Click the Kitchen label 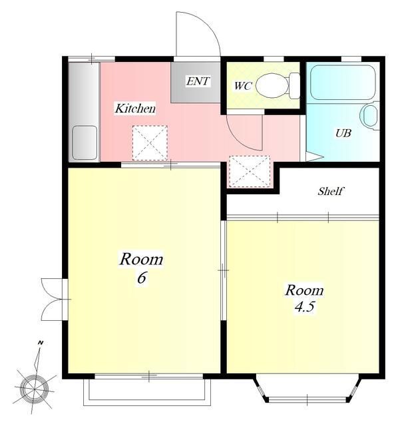click(x=135, y=108)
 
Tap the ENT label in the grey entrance click(x=198, y=81)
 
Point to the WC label click(x=242, y=86)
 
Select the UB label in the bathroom click(x=343, y=133)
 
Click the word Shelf click(x=330, y=191)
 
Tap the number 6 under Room click(x=141, y=278)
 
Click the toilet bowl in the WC click(x=272, y=86)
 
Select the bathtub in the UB click(x=343, y=83)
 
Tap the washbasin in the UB click(x=370, y=116)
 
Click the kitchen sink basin click(x=85, y=142)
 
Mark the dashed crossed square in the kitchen click(x=150, y=142)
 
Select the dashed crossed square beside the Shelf click(x=250, y=172)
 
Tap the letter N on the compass click(x=41, y=343)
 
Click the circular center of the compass click(x=35, y=389)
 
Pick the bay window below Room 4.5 click(x=307, y=389)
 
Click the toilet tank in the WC click(x=294, y=86)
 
